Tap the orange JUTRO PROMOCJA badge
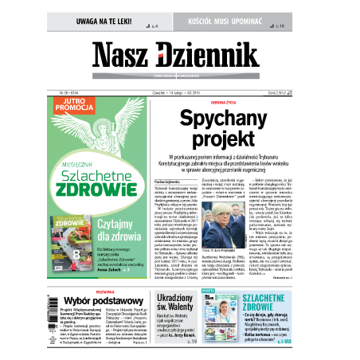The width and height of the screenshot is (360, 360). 68,106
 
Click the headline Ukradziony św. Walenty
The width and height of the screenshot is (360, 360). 171,303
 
